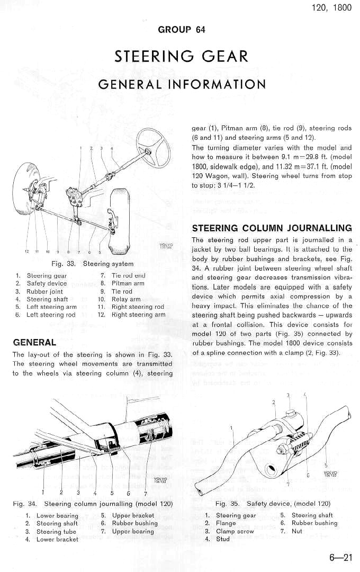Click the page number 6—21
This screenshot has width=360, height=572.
340,557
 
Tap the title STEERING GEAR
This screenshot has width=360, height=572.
181,56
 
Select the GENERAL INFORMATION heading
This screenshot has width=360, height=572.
182,84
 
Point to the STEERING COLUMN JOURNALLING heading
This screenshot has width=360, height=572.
272,228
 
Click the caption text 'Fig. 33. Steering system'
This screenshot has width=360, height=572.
92,263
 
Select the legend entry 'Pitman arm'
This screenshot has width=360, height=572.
129,283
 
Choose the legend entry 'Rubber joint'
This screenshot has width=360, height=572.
46,291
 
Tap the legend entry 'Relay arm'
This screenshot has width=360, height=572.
127,299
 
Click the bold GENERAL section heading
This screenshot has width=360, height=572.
34,342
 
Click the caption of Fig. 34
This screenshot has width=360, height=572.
93,503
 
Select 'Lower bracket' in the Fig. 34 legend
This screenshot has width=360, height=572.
57,539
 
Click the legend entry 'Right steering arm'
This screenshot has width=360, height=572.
138,315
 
